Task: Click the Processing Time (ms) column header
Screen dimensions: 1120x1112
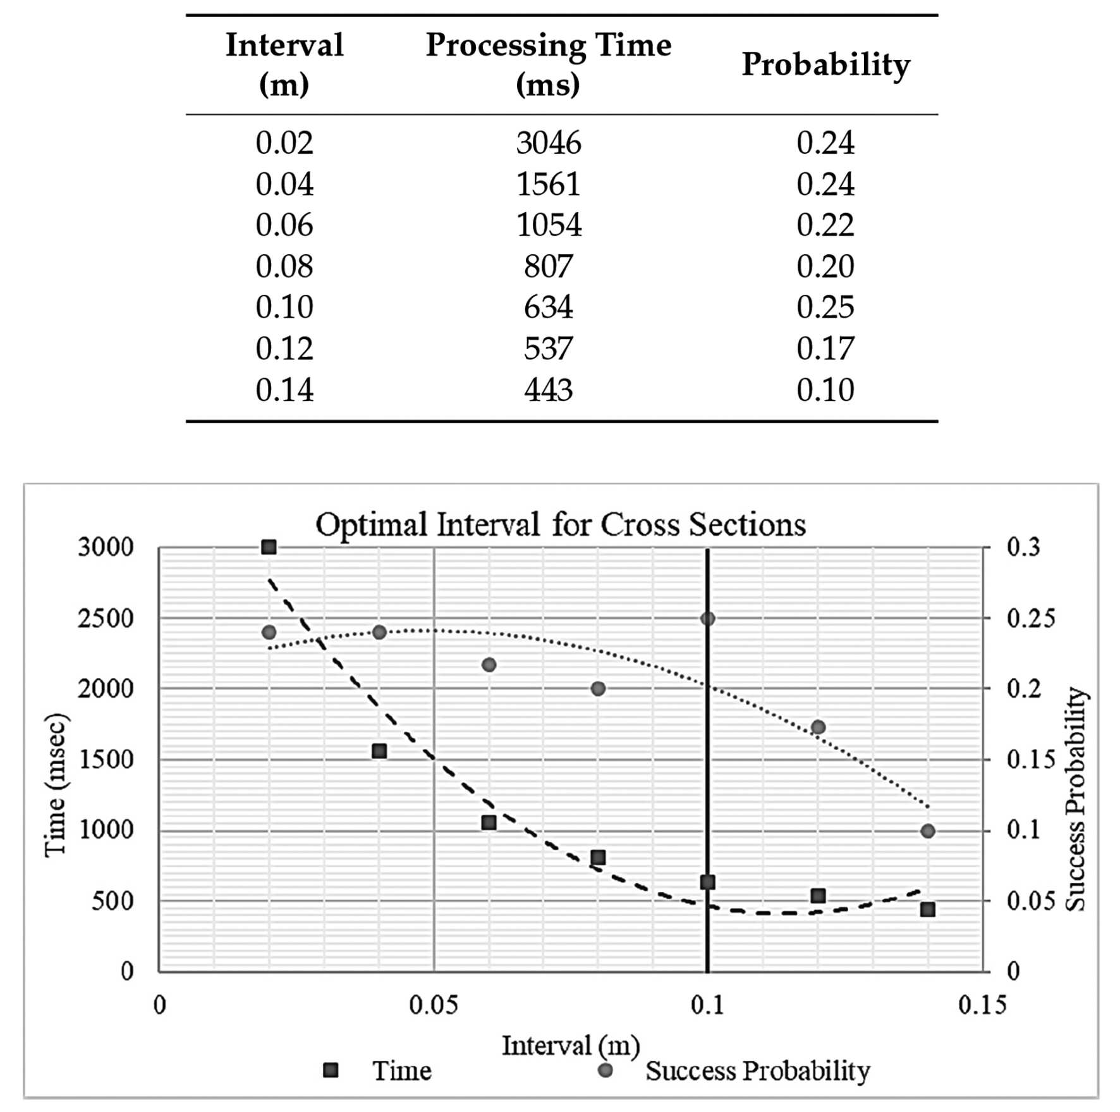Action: (548, 64)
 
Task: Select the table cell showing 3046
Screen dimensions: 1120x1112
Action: (548, 142)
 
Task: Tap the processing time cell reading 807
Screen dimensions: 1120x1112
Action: (548, 266)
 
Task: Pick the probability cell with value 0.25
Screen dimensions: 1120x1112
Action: (825, 307)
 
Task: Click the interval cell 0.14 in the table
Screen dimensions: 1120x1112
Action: (284, 390)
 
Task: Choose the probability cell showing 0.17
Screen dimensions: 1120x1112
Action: (825, 349)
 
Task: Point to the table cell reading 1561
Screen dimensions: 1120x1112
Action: (548, 184)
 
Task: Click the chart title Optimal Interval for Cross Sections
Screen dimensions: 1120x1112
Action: (561, 524)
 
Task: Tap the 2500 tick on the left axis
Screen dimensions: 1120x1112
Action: (106, 618)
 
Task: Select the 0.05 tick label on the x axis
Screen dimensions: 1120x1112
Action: (434, 1004)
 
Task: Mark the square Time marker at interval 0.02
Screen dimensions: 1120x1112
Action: (269, 547)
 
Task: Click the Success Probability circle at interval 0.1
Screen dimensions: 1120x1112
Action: (707, 619)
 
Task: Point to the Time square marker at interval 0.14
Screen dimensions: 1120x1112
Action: (927, 910)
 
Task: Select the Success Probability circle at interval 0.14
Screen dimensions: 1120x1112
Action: (927, 831)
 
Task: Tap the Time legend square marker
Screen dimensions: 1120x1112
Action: (331, 1070)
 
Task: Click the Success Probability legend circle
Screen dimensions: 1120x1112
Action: (606, 1070)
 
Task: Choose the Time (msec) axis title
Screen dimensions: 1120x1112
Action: (55, 785)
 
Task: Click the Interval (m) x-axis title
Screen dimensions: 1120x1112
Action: (571, 1046)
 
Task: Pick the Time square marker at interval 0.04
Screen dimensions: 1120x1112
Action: (379, 751)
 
